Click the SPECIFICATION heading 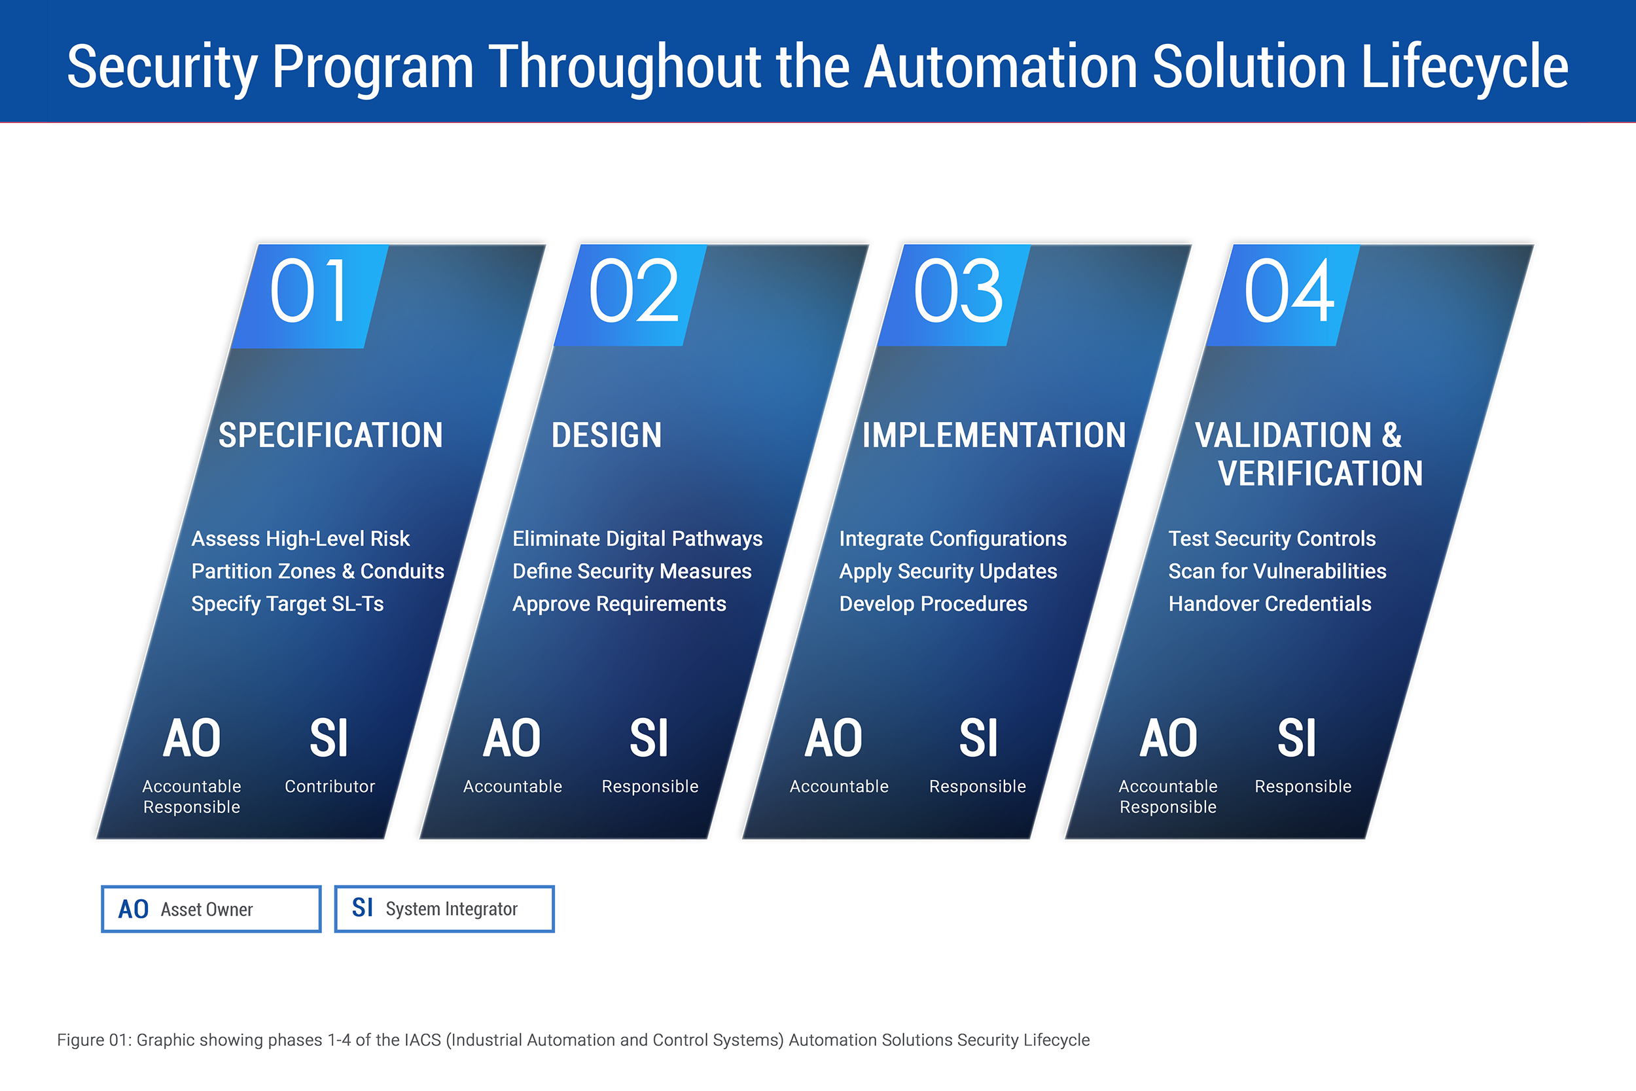click(x=330, y=436)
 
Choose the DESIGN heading click(x=607, y=436)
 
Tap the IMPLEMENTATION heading click(x=994, y=436)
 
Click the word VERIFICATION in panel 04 click(x=1320, y=474)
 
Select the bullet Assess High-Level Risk click(x=300, y=539)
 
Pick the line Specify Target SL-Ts click(x=287, y=604)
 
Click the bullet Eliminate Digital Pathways click(x=637, y=539)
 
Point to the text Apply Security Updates click(x=948, y=571)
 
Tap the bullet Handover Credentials click(x=1270, y=604)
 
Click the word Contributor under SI click(x=330, y=786)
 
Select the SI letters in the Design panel click(x=649, y=738)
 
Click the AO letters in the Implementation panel click(x=833, y=738)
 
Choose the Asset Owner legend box click(x=211, y=908)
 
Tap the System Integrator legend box click(x=444, y=908)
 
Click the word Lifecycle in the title click(x=1464, y=67)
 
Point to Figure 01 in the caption click(x=93, y=1040)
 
